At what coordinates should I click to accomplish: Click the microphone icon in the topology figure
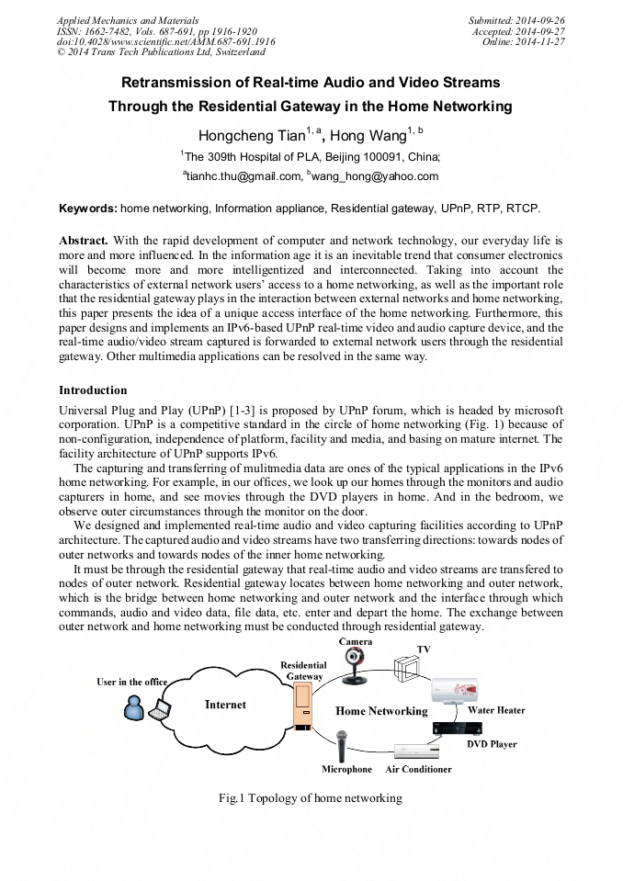[342, 744]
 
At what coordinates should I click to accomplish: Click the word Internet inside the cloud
[225, 705]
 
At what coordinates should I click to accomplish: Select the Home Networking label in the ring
[381, 711]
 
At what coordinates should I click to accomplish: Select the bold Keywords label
[87, 209]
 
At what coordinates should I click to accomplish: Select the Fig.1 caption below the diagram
[311, 798]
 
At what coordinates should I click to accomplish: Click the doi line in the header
[165, 41]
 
